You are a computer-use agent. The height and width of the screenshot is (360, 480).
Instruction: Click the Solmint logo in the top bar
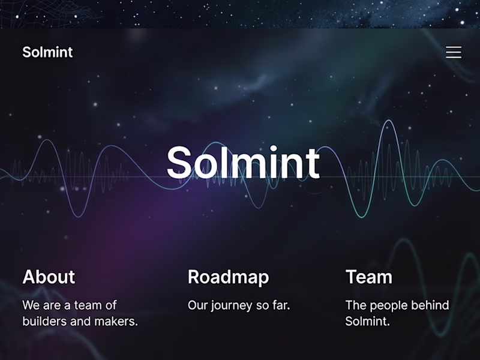click(47, 52)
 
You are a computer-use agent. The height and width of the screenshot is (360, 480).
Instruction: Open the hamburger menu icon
click(454, 52)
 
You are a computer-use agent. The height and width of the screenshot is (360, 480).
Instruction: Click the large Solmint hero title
click(243, 163)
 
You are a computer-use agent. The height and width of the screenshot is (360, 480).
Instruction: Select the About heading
click(49, 277)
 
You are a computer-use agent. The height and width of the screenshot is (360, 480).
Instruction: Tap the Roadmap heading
click(228, 277)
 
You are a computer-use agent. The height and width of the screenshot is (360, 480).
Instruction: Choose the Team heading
click(368, 277)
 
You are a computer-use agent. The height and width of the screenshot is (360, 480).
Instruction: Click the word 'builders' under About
click(44, 321)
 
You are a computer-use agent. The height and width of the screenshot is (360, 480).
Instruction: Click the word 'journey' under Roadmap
click(232, 305)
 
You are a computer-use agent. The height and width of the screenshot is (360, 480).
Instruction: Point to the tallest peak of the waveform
click(388, 122)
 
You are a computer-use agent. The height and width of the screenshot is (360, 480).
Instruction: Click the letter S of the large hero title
click(181, 163)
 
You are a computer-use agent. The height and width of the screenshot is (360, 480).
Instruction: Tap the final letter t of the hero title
click(313, 163)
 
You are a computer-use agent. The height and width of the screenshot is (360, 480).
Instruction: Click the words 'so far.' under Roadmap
click(273, 305)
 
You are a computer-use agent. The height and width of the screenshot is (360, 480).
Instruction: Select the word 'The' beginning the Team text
click(356, 305)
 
